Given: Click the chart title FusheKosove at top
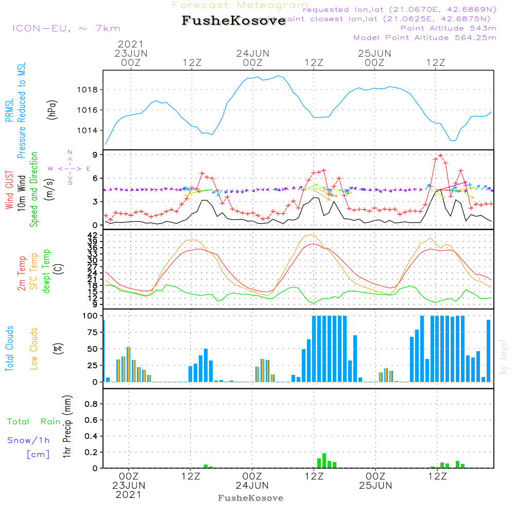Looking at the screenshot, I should click(x=233, y=21).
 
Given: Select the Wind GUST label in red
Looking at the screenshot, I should click(x=9, y=191).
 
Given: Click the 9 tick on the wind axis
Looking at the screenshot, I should click(x=96, y=154).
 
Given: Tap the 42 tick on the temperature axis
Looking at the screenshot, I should click(x=93, y=235).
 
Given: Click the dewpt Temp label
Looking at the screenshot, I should click(x=46, y=271).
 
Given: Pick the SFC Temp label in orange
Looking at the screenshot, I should click(x=34, y=271).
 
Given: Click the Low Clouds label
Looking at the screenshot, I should click(x=34, y=348).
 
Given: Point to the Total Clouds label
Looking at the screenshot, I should click(x=9, y=348).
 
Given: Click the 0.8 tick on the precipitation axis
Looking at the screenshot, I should click(x=91, y=404).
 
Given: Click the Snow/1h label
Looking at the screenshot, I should click(x=29, y=440).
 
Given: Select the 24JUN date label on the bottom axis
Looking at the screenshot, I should click(x=252, y=485).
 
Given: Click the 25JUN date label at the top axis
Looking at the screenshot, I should click(x=374, y=53).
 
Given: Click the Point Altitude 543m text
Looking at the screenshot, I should click(x=448, y=28).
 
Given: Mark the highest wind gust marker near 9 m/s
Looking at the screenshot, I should click(x=440, y=155).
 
